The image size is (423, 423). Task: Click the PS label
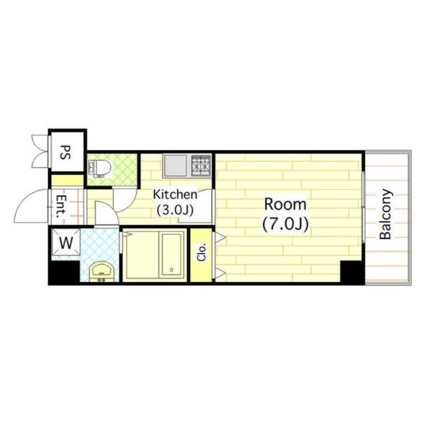pyautogui.click(x=65, y=152)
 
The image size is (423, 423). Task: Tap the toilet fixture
pyautogui.click(x=99, y=169)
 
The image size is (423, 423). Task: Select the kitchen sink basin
pyautogui.click(x=176, y=165)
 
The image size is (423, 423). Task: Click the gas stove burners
pyautogui.click(x=201, y=165)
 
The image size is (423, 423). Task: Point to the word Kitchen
pyautogui.click(x=175, y=195)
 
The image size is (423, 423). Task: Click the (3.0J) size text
pyautogui.click(x=175, y=210)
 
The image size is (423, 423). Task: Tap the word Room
pyautogui.click(x=285, y=204)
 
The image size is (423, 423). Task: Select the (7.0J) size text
pyautogui.click(x=285, y=224)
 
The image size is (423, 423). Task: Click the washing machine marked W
pyautogui.click(x=66, y=242)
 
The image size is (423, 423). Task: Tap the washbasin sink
pyautogui.click(x=102, y=272)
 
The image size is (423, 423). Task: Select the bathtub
pyautogui.click(x=171, y=254)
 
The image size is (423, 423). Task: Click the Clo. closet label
pyautogui.click(x=201, y=252)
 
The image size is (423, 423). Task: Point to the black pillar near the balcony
pyautogui.click(x=351, y=271)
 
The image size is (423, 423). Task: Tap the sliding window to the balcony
pyautogui.click(x=363, y=206)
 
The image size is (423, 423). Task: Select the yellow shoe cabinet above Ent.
pyautogui.click(x=68, y=180)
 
